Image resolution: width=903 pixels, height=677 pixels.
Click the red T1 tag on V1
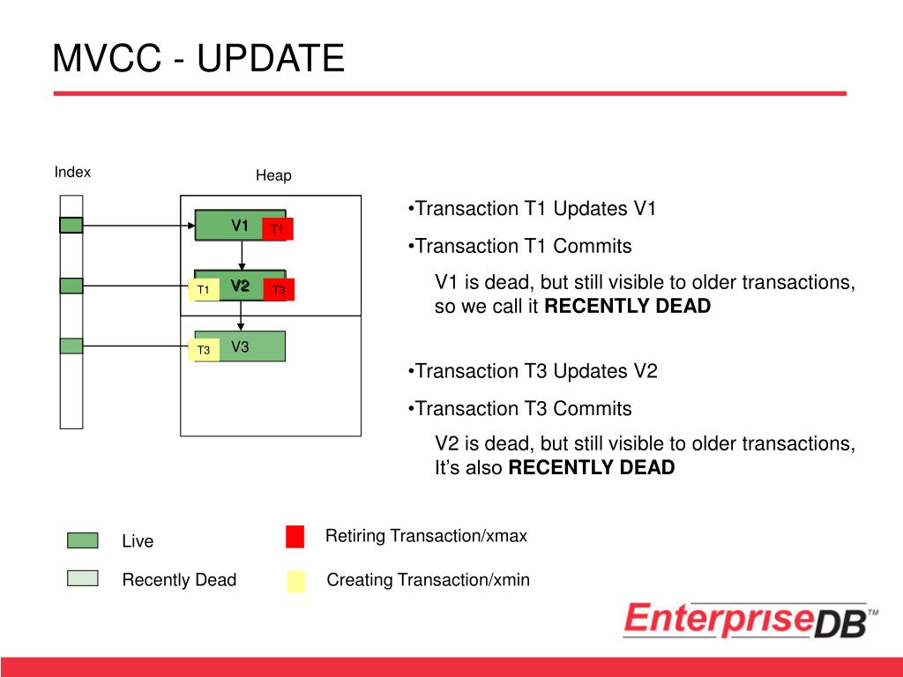(x=278, y=228)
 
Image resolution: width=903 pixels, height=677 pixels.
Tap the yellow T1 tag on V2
(x=204, y=289)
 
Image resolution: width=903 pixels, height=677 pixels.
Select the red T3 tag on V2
(x=279, y=289)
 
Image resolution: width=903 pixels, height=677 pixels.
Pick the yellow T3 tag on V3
(x=204, y=350)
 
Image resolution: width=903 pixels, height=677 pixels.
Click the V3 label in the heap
(x=240, y=346)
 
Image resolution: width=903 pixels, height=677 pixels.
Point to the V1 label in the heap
(x=240, y=225)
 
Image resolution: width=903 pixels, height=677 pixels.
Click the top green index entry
(x=71, y=225)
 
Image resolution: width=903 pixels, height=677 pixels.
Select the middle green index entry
(x=71, y=286)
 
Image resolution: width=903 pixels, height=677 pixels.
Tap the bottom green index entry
(x=71, y=346)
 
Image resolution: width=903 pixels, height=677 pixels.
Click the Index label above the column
(x=72, y=172)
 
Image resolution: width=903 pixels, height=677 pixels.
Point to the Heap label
(x=273, y=175)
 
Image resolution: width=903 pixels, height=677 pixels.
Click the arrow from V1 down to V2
(x=242, y=255)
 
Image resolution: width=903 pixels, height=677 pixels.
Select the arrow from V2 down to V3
(x=241, y=316)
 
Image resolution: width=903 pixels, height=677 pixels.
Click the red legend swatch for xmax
(x=295, y=537)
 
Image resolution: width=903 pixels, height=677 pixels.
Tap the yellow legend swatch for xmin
(x=296, y=582)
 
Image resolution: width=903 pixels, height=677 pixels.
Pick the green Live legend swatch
(x=82, y=540)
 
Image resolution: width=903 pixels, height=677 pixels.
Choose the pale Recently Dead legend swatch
(x=82, y=578)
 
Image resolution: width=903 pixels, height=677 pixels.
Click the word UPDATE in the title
(x=271, y=58)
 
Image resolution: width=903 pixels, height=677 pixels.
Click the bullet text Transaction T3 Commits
(x=524, y=409)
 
